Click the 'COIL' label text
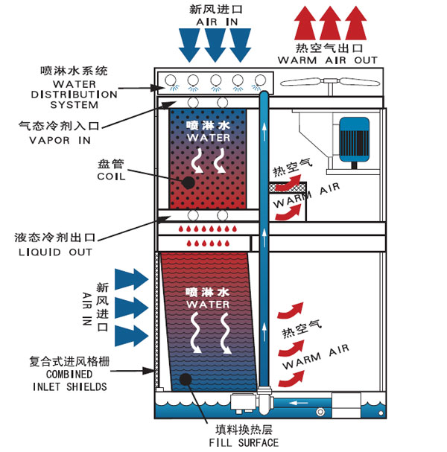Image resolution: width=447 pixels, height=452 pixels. point(112,176)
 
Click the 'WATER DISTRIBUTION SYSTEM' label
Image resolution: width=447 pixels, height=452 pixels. point(74,95)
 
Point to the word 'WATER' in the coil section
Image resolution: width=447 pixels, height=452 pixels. point(203,138)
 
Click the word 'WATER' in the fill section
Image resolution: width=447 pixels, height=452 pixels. point(203,305)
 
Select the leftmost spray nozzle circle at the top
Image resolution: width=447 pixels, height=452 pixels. point(170,80)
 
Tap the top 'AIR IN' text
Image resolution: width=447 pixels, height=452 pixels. point(215,23)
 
